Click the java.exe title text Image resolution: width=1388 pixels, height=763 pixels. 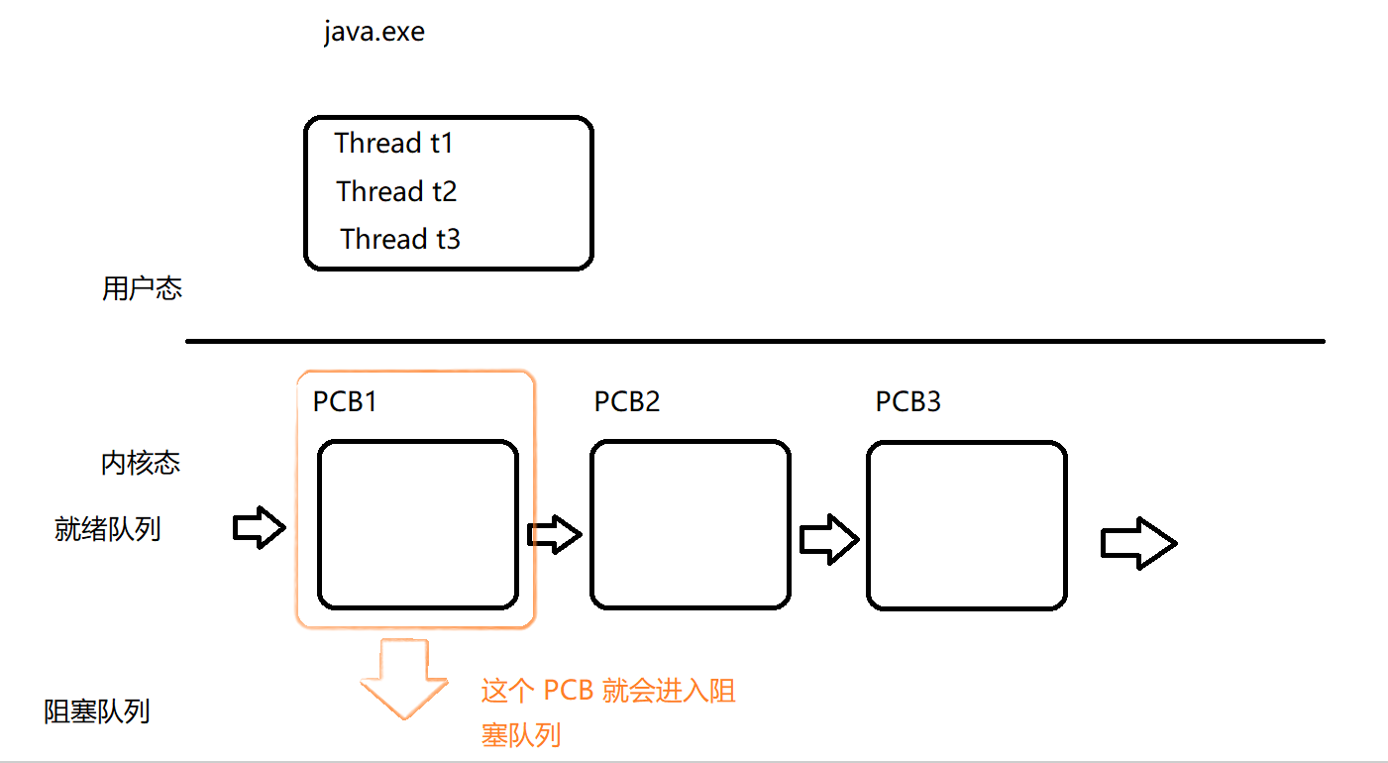(374, 33)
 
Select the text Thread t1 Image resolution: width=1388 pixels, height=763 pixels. (394, 143)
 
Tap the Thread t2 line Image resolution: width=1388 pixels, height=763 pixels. (396, 191)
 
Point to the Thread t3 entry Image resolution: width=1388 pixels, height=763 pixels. (400, 239)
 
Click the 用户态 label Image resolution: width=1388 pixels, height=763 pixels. (142, 288)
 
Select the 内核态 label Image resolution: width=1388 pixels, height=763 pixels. (141, 463)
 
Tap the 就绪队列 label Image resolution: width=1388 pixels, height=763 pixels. (107, 529)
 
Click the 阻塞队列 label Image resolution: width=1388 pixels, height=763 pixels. (97, 711)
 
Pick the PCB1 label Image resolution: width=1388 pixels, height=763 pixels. (345, 401)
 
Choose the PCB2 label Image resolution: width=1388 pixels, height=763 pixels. (627, 401)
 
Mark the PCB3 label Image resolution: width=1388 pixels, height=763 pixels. (908, 401)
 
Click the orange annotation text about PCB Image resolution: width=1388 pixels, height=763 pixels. (608, 712)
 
